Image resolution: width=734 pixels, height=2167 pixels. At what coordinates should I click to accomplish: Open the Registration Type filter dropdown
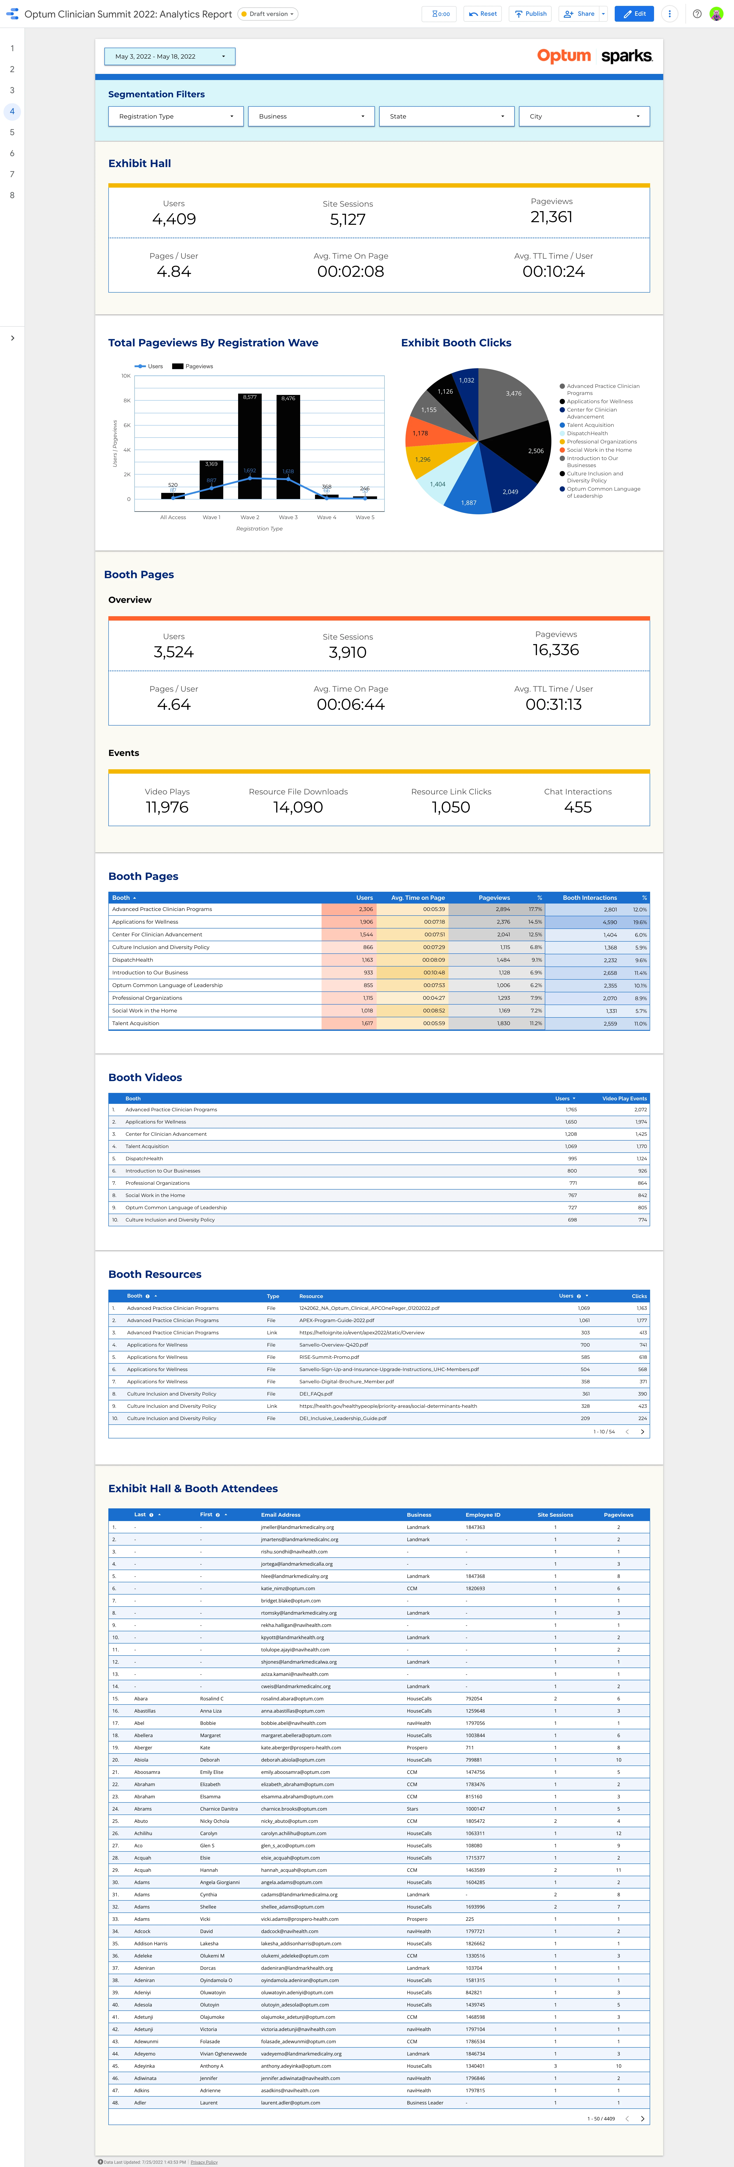pyautogui.click(x=176, y=116)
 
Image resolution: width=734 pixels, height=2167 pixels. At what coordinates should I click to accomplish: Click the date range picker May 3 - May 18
pyautogui.click(x=169, y=56)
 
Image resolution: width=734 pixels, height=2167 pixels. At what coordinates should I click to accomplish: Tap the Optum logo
pyautogui.click(x=564, y=56)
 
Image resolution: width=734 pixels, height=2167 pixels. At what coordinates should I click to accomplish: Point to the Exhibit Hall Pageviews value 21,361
pyautogui.click(x=552, y=217)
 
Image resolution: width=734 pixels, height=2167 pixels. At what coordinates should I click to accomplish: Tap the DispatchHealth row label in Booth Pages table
pyautogui.click(x=133, y=960)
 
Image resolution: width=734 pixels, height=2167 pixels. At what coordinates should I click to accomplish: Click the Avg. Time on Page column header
pyautogui.click(x=418, y=898)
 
